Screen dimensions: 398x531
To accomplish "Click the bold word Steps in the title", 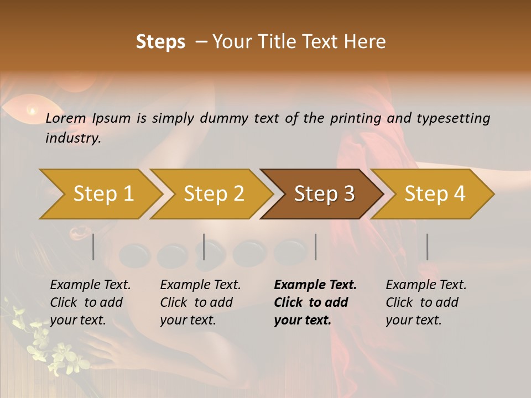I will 160,42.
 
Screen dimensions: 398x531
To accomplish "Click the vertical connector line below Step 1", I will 93,247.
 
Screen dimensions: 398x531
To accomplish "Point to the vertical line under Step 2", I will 204,247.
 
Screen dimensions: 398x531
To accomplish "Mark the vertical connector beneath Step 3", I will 315,247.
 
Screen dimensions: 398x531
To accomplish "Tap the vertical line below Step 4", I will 427,247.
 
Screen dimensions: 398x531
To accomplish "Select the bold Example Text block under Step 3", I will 315,302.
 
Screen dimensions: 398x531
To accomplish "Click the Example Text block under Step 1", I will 90,302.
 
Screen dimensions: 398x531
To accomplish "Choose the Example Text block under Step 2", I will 200,302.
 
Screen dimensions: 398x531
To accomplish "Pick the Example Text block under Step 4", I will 426,302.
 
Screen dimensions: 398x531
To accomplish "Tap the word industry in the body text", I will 73,138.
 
